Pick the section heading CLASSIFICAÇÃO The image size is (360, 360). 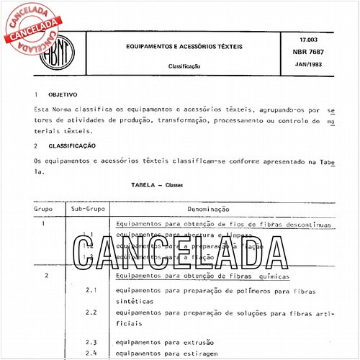pyautogui.click(x=71, y=145)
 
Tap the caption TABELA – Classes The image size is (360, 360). pyautogui.click(x=157, y=185)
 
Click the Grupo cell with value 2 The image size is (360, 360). pyautogui.click(x=45, y=276)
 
